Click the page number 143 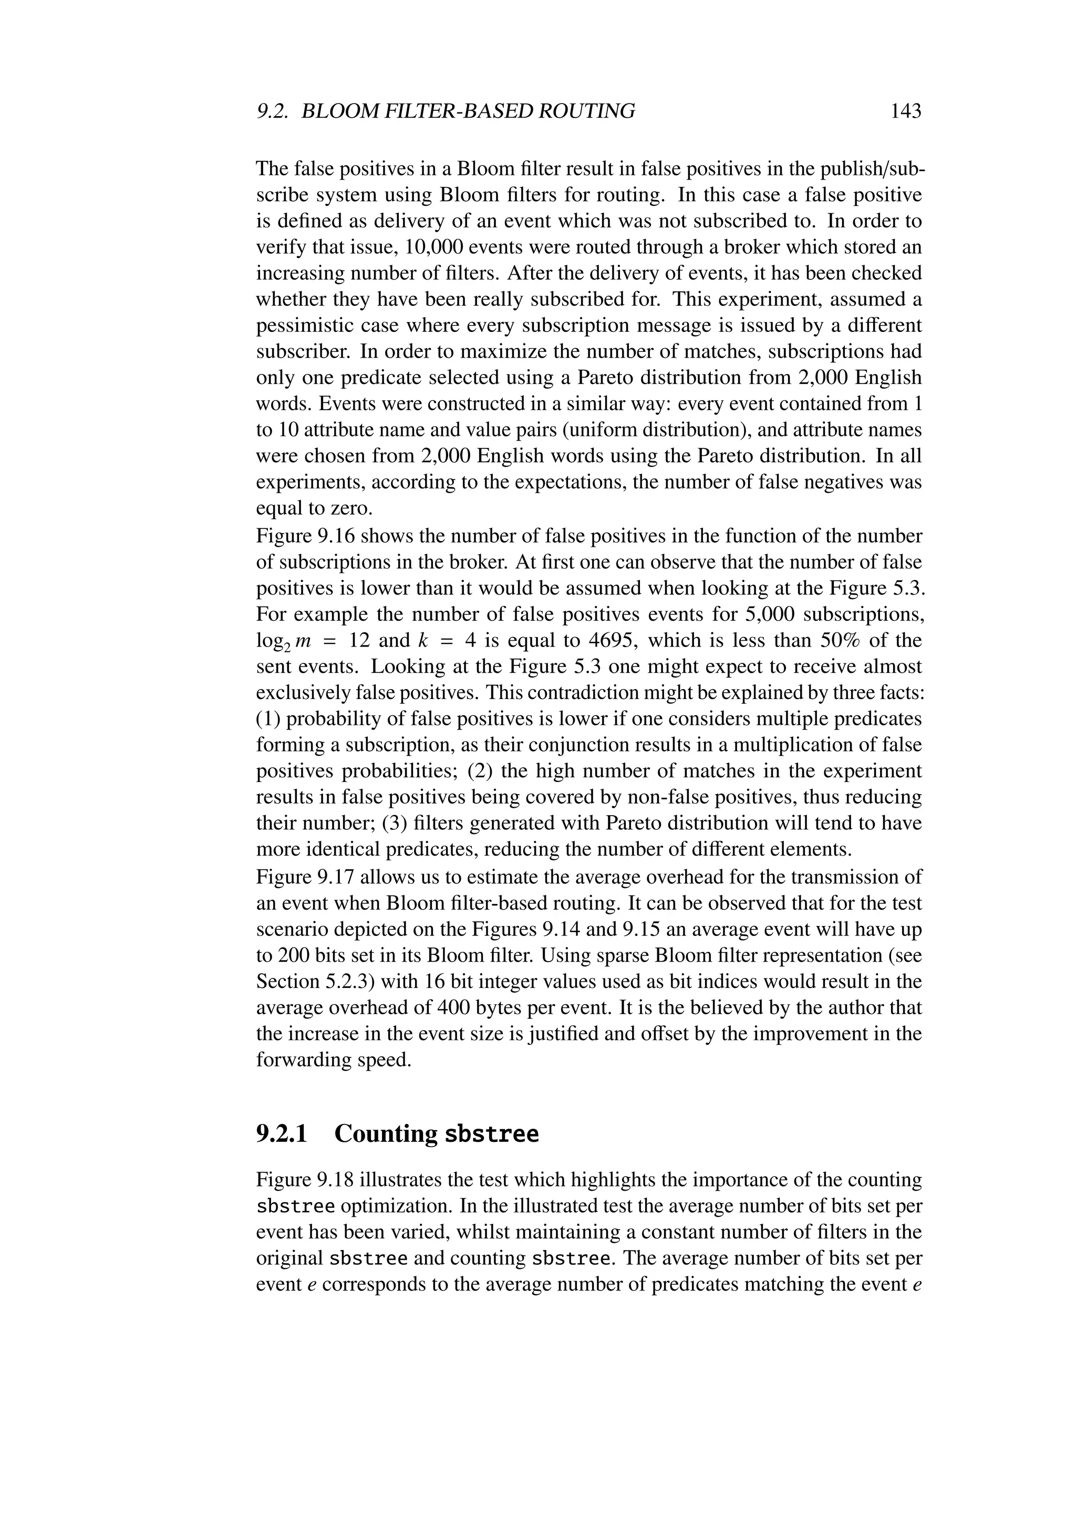point(906,111)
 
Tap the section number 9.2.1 point(282,1133)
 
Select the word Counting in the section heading point(386,1133)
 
